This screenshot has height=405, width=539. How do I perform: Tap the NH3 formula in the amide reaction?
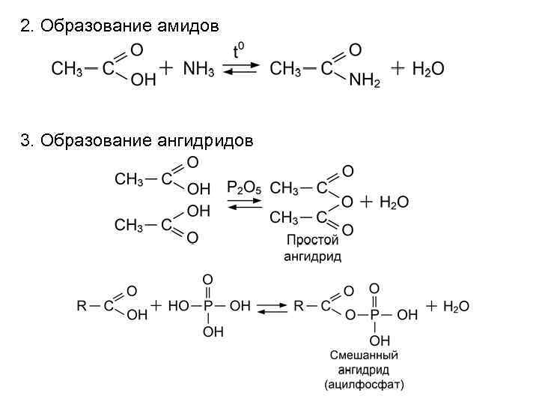tap(198, 69)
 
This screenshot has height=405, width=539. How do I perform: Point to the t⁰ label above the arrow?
tap(238, 51)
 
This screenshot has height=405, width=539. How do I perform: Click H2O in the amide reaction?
tap(427, 69)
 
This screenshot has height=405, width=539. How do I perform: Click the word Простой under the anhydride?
tap(312, 240)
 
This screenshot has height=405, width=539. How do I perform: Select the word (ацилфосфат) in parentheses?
tap(364, 385)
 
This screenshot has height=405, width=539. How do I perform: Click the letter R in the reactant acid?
tap(82, 305)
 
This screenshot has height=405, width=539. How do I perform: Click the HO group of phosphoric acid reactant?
tap(179, 305)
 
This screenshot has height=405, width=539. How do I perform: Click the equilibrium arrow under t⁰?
tap(239, 69)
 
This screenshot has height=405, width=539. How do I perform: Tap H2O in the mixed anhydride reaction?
tap(456, 305)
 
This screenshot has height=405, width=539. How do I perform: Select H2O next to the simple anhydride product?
tap(394, 202)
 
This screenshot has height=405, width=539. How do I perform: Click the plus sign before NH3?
tap(167, 69)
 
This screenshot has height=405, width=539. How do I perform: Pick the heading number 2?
tap(26, 26)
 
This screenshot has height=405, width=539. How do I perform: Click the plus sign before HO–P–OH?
tap(156, 305)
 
